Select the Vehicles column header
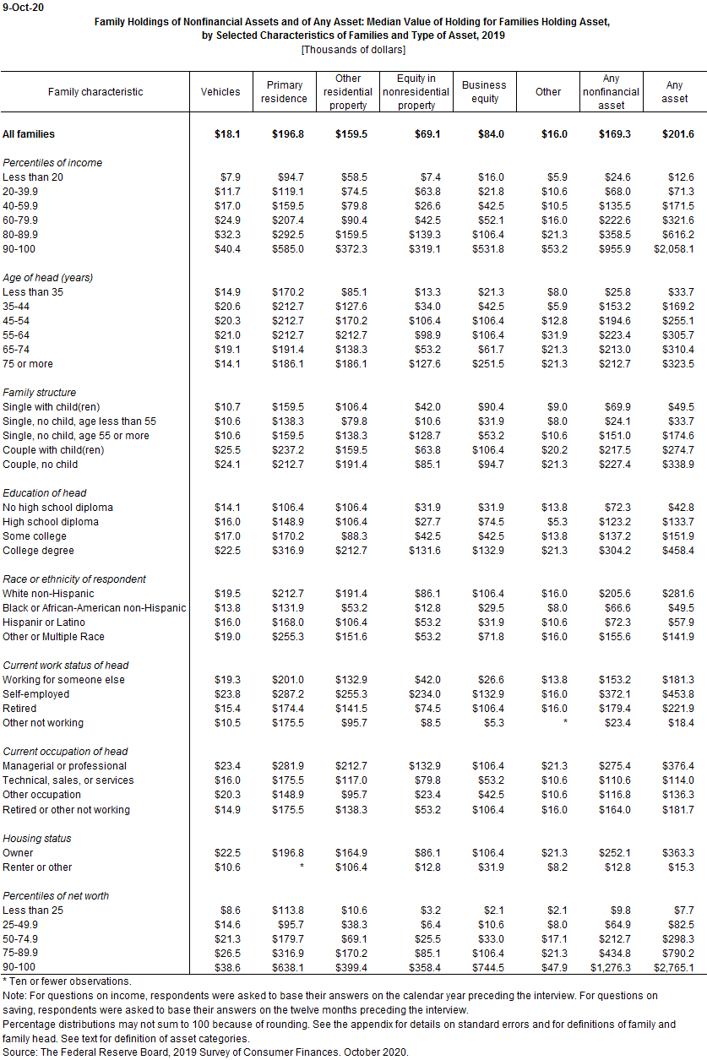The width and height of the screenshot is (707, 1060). (x=220, y=92)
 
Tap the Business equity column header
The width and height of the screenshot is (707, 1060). (x=484, y=92)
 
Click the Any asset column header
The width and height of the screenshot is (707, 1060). (x=675, y=92)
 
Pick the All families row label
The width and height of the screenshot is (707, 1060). (x=30, y=134)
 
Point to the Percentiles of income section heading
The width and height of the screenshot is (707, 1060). (x=52, y=163)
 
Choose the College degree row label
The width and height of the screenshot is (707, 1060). (x=39, y=551)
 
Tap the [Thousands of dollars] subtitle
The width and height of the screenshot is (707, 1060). (x=354, y=49)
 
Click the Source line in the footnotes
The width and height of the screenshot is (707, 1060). (x=206, y=1052)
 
